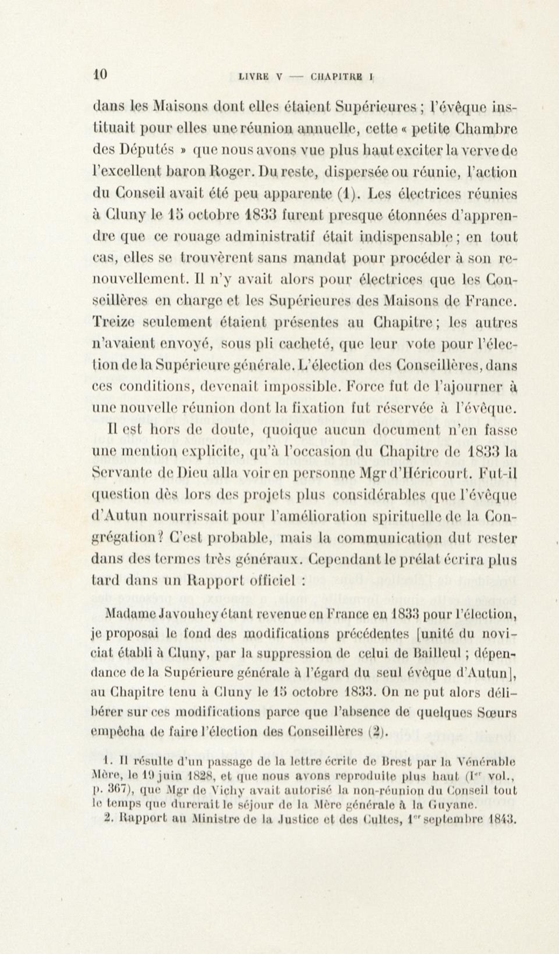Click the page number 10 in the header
coord(100,75)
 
